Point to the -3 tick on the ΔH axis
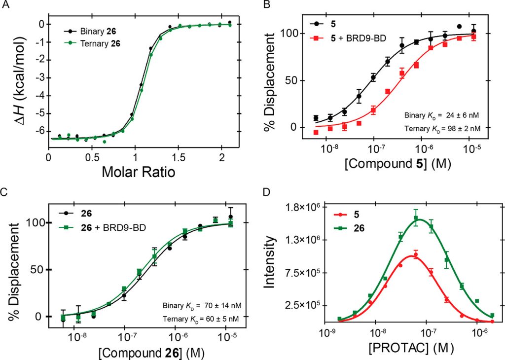tap(39, 78)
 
